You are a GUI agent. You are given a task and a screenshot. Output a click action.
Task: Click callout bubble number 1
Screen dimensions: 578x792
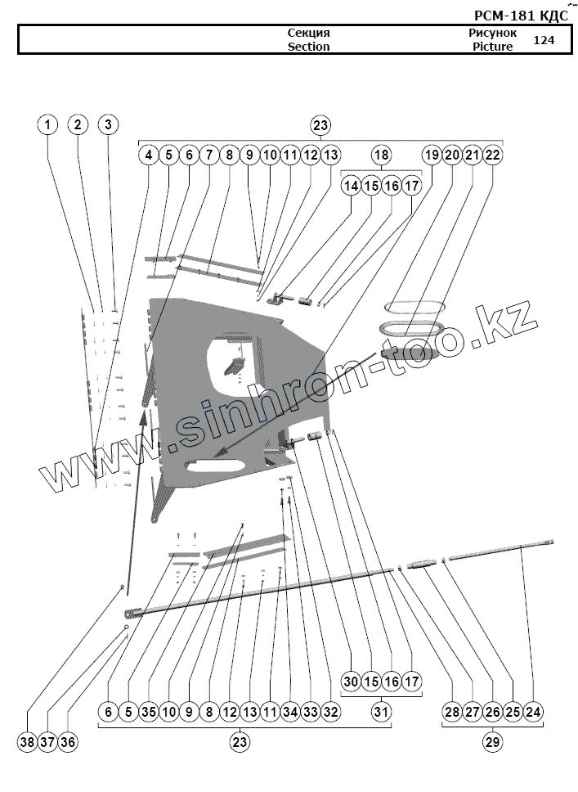point(48,124)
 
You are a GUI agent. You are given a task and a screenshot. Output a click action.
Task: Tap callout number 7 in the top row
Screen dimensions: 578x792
point(208,155)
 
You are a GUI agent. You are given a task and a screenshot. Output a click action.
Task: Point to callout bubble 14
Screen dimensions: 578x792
point(351,186)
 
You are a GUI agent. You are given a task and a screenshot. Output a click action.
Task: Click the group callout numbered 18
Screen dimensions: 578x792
point(381,155)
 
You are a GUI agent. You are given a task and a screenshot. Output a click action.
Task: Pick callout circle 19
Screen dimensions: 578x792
point(432,155)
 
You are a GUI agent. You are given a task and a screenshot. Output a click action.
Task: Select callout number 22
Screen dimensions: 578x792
point(492,155)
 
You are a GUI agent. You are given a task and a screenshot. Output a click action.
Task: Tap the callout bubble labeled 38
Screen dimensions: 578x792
point(28,742)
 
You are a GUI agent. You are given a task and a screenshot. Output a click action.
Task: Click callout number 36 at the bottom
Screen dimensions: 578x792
point(68,742)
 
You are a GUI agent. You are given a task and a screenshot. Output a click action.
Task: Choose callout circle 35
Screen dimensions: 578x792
point(148,712)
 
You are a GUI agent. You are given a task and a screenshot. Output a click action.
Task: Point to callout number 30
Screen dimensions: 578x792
point(351,682)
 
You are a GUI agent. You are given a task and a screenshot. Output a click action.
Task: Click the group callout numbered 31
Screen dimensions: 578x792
point(381,712)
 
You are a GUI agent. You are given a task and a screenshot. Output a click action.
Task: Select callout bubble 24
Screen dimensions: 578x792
point(532,712)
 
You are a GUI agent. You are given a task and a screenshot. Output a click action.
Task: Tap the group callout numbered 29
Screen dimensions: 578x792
point(492,742)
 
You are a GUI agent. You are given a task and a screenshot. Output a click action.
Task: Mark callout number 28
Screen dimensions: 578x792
point(452,712)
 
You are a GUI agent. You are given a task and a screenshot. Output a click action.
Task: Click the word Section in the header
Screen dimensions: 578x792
point(308,47)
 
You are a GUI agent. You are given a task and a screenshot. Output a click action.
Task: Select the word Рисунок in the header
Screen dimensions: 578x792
point(492,33)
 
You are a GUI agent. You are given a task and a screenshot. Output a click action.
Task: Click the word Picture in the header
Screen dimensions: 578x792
point(492,47)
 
